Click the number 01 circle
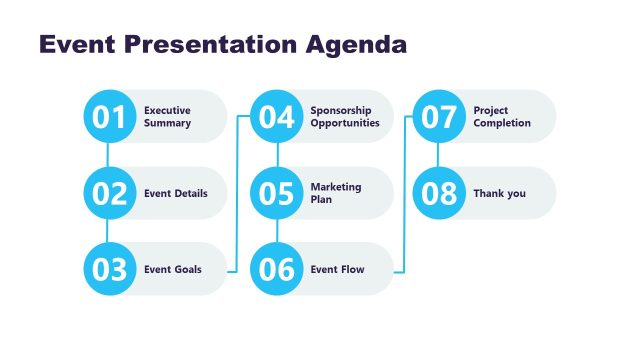click(108, 117)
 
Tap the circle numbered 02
click(108, 193)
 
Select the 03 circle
click(108, 269)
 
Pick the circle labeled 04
click(276, 117)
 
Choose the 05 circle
click(276, 193)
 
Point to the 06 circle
click(276, 269)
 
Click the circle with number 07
click(439, 117)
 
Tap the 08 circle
click(439, 193)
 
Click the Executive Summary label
click(167, 117)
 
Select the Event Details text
click(176, 193)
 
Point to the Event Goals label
click(172, 269)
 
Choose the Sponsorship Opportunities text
click(344, 117)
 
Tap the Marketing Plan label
click(336, 193)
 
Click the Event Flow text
click(337, 269)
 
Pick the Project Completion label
click(502, 117)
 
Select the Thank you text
click(499, 193)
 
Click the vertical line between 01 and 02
click(108, 155)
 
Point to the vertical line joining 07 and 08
click(439, 155)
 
